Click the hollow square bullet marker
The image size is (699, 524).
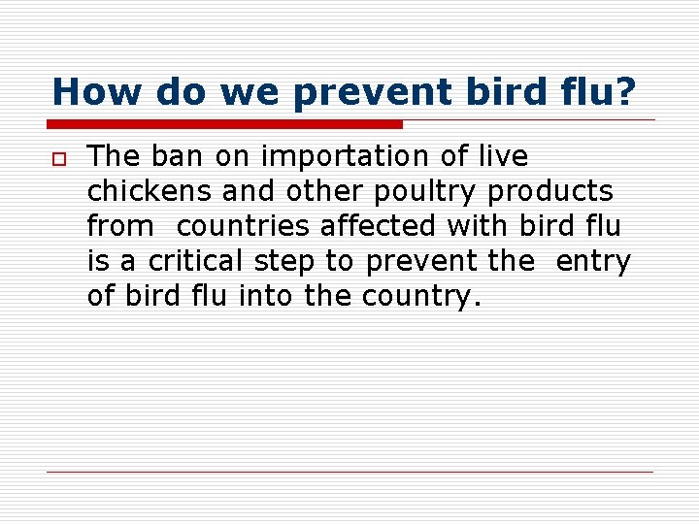tap(59, 157)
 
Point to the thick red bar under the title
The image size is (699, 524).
tap(224, 124)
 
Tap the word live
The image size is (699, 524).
tap(501, 155)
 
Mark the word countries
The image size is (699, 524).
tap(245, 226)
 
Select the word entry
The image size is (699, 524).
tap(592, 262)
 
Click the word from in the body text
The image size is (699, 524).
tap(120, 226)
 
